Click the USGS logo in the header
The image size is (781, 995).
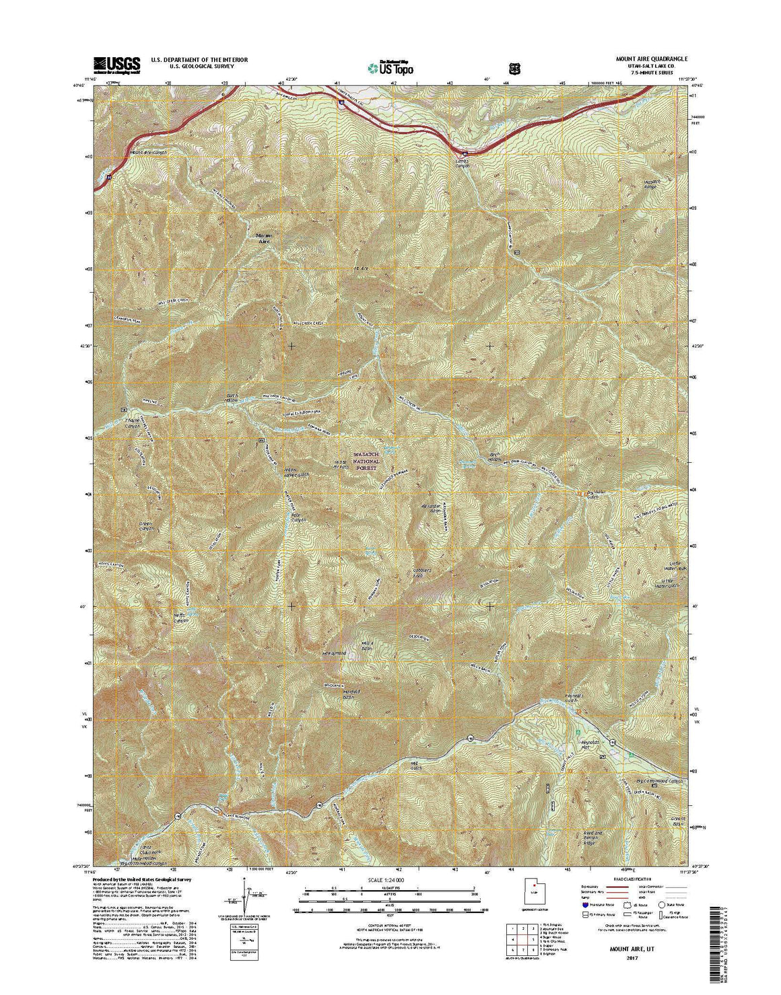click(x=116, y=65)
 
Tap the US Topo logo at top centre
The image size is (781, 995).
click(x=390, y=67)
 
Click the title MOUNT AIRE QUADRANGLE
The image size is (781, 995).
click(x=652, y=59)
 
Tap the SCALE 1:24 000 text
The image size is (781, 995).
click(x=390, y=880)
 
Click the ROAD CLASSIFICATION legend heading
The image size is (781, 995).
click(x=633, y=879)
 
